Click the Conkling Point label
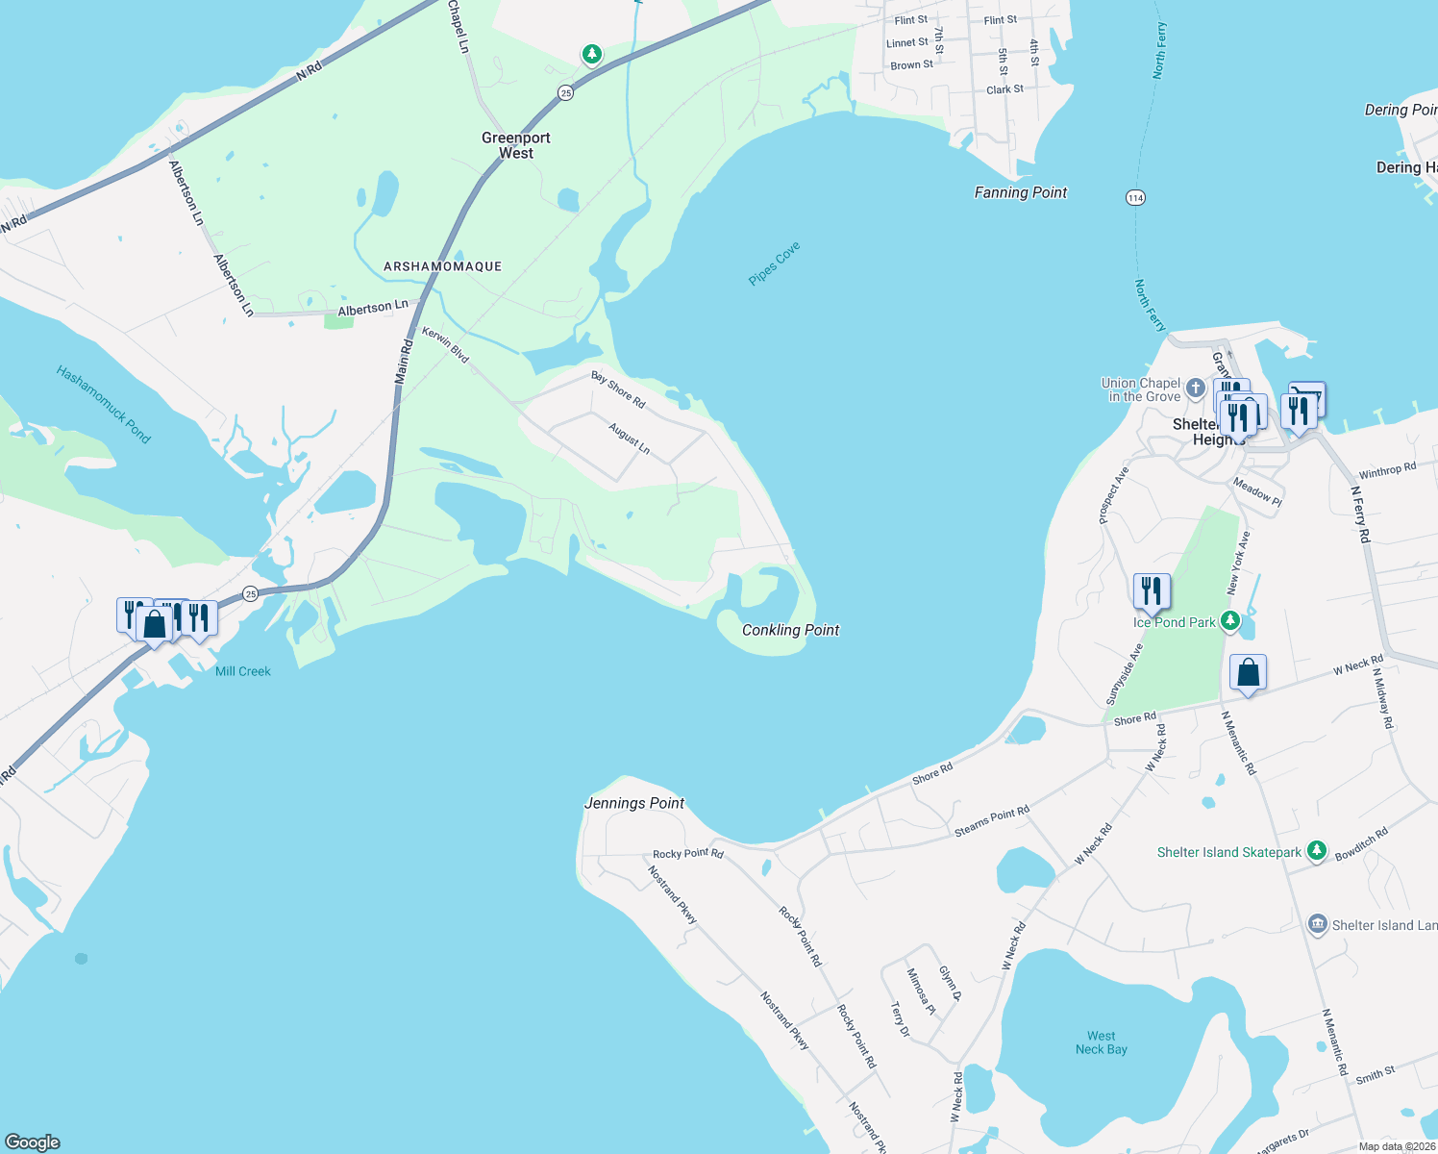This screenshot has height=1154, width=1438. (790, 630)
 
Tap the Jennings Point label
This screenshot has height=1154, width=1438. (634, 803)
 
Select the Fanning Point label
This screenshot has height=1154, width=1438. (1020, 192)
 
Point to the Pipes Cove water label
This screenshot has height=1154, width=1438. (774, 263)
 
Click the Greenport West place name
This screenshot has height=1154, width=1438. (516, 145)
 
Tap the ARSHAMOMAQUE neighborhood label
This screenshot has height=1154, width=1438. (442, 266)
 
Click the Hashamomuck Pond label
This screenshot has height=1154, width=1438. (103, 404)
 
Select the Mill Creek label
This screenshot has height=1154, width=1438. (243, 671)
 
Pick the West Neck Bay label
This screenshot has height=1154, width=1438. (1102, 1042)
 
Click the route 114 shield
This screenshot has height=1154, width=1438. (1135, 198)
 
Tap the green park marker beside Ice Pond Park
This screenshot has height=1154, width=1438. (1230, 621)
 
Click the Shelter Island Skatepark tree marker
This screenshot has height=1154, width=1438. (1317, 851)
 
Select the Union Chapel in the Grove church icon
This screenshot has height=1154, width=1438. (1195, 389)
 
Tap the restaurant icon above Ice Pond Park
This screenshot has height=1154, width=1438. (1152, 590)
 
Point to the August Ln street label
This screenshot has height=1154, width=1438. (630, 439)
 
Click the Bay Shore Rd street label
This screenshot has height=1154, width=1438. (618, 389)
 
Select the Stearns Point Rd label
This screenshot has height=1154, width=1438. (992, 820)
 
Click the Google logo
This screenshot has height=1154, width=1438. (33, 1142)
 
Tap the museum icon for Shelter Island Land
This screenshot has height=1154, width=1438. (1318, 924)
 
